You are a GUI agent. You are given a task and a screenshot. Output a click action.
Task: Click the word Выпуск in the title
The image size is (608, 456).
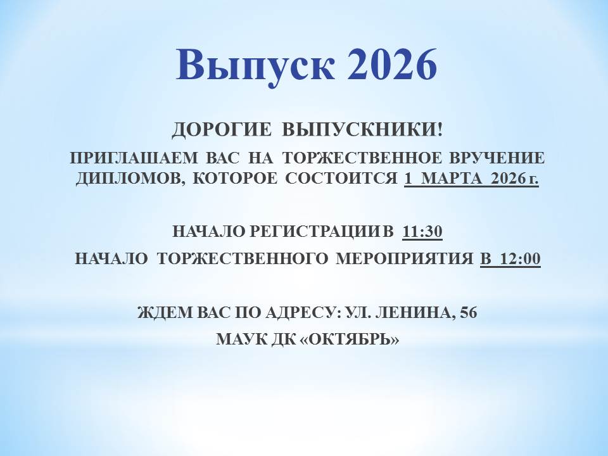(255, 66)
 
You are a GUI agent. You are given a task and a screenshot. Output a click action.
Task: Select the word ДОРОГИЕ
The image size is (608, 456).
(222, 129)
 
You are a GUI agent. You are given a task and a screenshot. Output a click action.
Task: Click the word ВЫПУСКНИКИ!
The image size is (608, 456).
(362, 129)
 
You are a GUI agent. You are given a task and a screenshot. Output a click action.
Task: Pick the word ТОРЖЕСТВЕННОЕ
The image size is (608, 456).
(362, 158)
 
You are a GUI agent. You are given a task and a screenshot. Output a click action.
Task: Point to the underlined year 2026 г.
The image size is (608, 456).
(514, 179)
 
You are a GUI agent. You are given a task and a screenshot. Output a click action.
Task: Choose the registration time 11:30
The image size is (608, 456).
(422, 232)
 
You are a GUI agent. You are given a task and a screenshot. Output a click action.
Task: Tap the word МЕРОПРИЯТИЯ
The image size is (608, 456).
(405, 258)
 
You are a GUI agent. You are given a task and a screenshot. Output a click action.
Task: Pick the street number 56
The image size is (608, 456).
(468, 312)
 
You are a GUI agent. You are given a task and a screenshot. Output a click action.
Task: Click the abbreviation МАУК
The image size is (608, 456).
(236, 339)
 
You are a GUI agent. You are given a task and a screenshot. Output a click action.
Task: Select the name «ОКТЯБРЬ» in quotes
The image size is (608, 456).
(350, 339)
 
